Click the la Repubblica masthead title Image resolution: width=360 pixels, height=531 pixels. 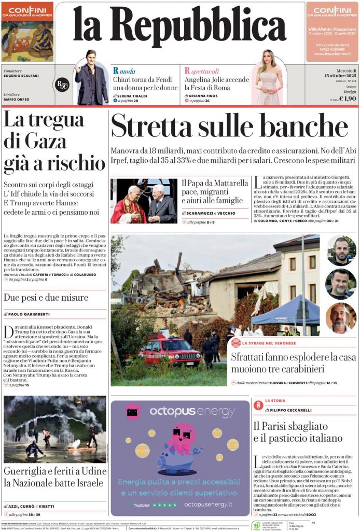point(179,26)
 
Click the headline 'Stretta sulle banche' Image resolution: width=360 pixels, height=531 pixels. point(229,126)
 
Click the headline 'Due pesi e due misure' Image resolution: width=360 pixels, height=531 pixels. point(46,297)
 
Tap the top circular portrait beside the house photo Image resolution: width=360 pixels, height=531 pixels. point(341,250)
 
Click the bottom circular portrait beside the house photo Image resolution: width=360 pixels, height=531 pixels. point(341,318)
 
